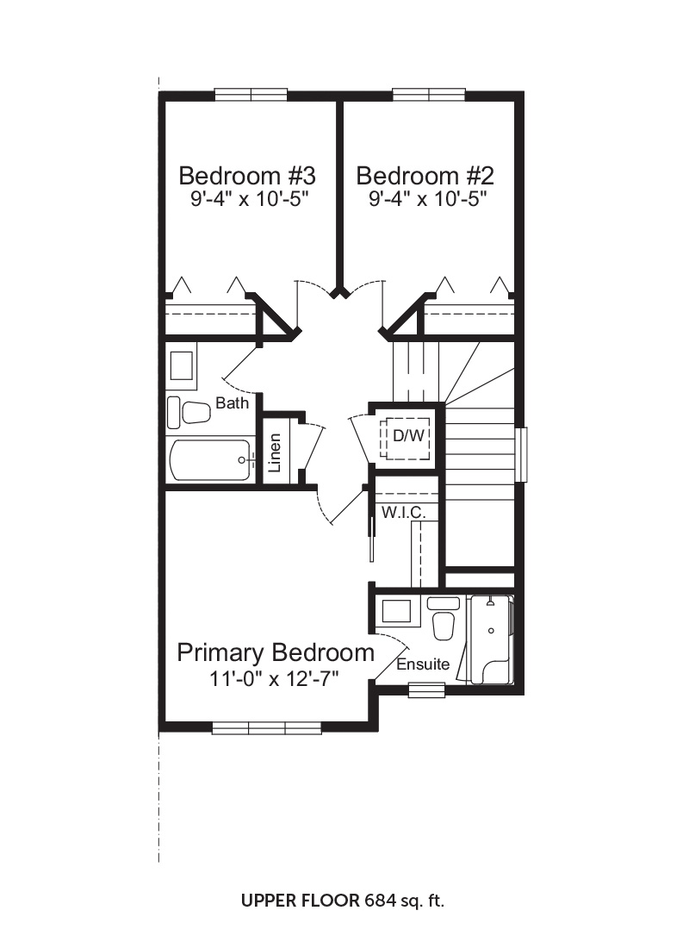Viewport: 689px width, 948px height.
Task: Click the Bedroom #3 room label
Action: click(x=247, y=176)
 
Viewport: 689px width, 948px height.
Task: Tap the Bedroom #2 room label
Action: click(x=425, y=176)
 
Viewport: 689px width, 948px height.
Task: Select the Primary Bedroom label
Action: click(x=276, y=653)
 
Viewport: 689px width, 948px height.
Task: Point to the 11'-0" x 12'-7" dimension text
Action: click(x=274, y=679)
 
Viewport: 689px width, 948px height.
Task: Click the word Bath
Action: click(x=232, y=402)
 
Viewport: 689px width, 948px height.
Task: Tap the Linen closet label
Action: click(x=275, y=452)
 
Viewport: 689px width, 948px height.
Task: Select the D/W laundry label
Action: click(x=408, y=434)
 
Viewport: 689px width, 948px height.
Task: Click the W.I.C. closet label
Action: click(x=404, y=513)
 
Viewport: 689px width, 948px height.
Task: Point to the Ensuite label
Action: click(x=423, y=664)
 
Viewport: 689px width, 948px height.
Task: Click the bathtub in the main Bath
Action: click(x=210, y=460)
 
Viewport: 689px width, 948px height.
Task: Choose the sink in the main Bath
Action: click(x=182, y=365)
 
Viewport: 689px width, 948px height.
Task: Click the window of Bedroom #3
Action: click(x=251, y=95)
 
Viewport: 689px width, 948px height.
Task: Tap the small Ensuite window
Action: click(x=426, y=689)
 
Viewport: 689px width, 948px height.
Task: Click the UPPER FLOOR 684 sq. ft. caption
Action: click(x=343, y=901)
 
